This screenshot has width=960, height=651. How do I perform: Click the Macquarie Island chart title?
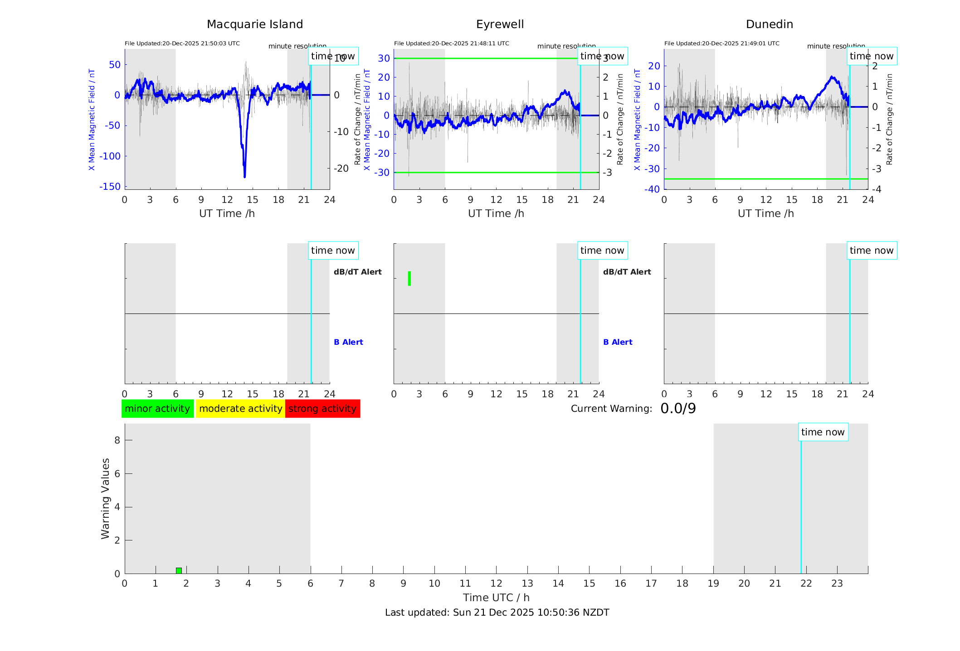pos(255,24)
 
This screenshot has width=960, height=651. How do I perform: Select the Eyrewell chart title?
pos(500,24)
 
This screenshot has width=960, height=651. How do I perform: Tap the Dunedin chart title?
pos(769,24)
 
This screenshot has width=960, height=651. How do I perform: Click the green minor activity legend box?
pos(157,409)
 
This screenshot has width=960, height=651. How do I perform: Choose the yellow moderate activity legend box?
pos(240,409)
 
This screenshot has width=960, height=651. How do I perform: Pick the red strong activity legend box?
pos(322,409)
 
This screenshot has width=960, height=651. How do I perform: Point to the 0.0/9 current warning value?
pos(678,409)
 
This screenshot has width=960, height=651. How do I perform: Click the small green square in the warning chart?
pos(179,570)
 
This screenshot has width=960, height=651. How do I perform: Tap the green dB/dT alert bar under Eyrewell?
pos(409,279)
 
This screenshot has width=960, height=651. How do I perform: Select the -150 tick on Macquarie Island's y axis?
pos(111,187)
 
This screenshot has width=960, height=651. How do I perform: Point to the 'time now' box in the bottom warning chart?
pos(823,432)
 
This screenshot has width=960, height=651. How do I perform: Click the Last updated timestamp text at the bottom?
pos(497,612)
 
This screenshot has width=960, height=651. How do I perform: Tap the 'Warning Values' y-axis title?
pos(105,498)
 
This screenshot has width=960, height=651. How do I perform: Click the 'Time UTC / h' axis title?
pos(496,598)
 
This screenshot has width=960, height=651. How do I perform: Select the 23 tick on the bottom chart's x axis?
pos(837,583)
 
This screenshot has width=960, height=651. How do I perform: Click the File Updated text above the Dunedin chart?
pos(721,43)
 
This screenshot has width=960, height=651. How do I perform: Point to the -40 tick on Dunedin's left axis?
pos(653,189)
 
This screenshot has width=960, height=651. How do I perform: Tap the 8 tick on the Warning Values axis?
pos(117,440)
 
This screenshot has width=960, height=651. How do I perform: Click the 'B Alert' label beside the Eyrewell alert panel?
pos(618,342)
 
